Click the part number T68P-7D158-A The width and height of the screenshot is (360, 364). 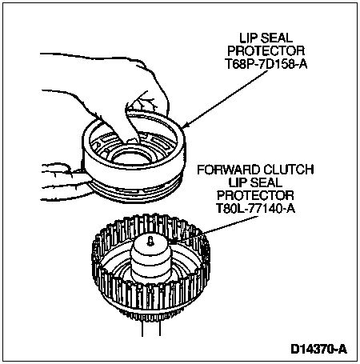coord(266,64)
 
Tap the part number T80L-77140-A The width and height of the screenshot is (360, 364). coord(255,209)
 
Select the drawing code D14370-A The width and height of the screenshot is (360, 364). coord(319,349)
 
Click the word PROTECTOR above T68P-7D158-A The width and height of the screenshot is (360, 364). coord(266,50)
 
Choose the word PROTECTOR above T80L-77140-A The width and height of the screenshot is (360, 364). coord(255,195)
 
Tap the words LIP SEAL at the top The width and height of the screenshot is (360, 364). coord(266,38)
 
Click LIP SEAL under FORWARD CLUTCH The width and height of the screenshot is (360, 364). coord(255,182)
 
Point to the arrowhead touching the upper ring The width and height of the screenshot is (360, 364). coord(186,125)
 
